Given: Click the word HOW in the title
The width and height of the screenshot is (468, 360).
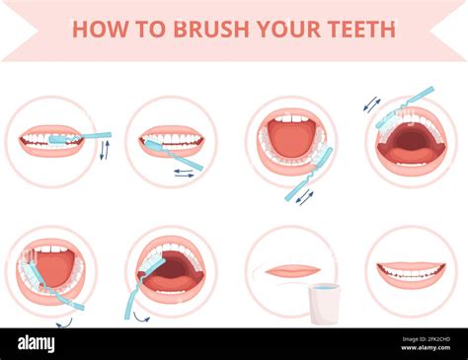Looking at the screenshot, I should [x=96, y=29].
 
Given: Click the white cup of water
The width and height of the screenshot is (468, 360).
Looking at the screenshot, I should [x=324, y=303].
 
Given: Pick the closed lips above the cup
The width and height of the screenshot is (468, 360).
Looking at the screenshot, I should [x=292, y=270].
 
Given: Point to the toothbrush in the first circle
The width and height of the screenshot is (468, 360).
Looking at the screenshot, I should [x=83, y=137].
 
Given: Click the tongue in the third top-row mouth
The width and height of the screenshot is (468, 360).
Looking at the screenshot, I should [x=290, y=140].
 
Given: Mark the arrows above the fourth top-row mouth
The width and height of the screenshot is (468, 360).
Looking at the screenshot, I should [x=371, y=104].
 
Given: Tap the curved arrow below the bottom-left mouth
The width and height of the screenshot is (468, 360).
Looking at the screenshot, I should [x=64, y=323].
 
